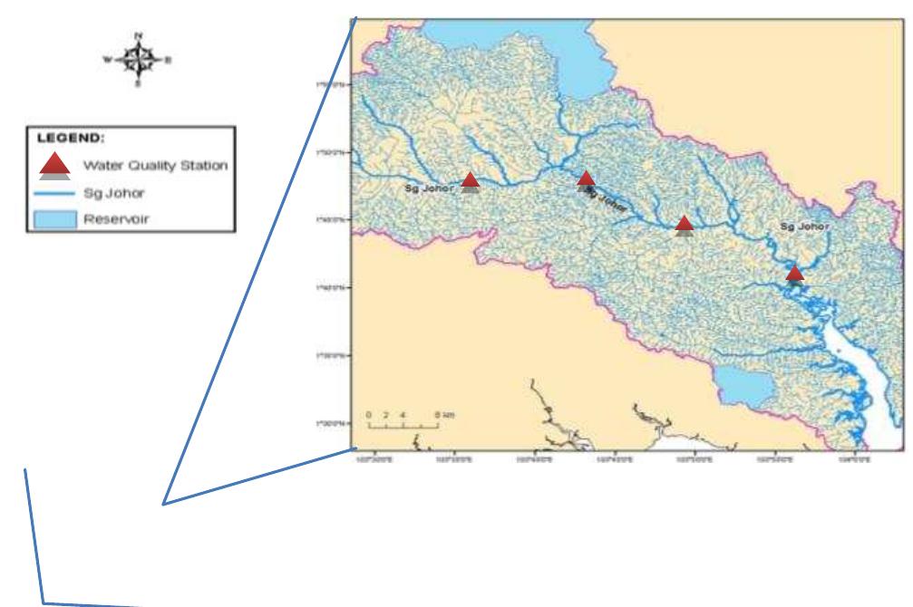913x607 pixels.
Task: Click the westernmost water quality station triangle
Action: (x=470, y=180)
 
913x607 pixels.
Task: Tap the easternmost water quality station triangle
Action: (x=795, y=274)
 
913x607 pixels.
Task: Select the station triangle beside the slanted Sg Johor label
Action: (x=586, y=179)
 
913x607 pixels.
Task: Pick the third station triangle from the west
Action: (x=685, y=224)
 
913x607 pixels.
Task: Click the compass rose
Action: (x=139, y=60)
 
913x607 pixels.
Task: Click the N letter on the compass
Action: (x=139, y=35)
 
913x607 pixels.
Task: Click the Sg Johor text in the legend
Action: (x=108, y=191)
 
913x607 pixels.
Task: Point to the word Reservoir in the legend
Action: (x=110, y=217)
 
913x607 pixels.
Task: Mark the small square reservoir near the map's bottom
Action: (x=749, y=388)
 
